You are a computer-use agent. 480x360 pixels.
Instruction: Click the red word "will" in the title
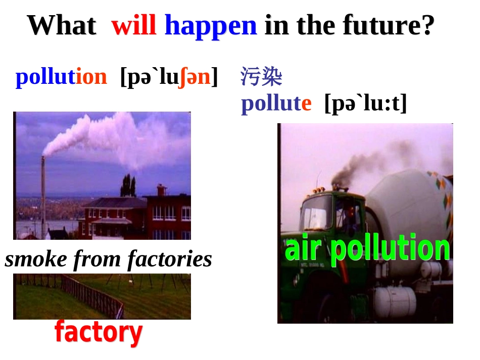[x=134, y=25]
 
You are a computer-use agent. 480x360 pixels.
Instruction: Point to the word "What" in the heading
[x=61, y=25]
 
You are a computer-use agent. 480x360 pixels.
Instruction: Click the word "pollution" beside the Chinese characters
[x=61, y=77]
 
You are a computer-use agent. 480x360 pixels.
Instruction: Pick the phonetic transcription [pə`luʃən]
[x=169, y=77]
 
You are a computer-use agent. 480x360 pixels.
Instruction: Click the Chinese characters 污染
[x=261, y=77]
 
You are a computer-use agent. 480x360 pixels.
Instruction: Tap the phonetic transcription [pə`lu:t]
[x=365, y=104]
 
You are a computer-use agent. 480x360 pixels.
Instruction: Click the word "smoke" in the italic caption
[x=36, y=260]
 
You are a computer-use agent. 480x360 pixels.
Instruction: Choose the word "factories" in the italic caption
[x=170, y=260]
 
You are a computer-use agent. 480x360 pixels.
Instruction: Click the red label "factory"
[x=99, y=333]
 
